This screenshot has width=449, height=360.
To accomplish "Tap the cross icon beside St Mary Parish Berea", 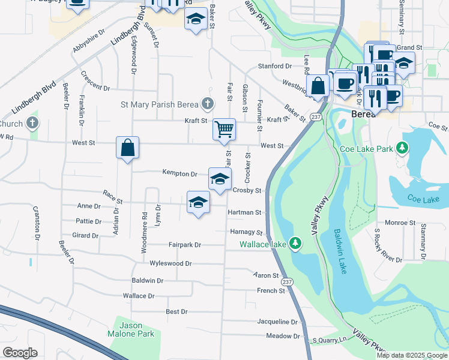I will pyautogui.click(x=208, y=104).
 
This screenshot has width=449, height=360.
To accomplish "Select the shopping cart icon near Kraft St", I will pyautogui.click(x=224, y=128).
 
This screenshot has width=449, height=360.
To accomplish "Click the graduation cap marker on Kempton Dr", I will pyautogui.click(x=220, y=178).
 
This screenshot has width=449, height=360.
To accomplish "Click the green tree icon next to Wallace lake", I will pyautogui.click(x=295, y=244).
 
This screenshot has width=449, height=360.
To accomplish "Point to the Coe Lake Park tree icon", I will pyautogui.click(x=405, y=148).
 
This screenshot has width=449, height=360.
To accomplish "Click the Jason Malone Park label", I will pyautogui.click(x=131, y=329).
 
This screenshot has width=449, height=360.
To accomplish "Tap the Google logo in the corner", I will pyautogui.click(x=19, y=353).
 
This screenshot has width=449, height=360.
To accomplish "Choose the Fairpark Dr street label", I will pyautogui.click(x=184, y=245).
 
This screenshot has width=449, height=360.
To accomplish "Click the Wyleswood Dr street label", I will pyautogui.click(x=170, y=263).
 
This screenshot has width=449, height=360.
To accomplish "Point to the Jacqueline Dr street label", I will pyautogui.click(x=277, y=322).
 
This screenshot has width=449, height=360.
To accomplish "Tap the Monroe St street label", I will pyautogui.click(x=396, y=223).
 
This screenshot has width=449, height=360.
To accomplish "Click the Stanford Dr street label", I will pyautogui.click(x=274, y=66).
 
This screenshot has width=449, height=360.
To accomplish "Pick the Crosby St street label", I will pyautogui.click(x=247, y=191).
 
